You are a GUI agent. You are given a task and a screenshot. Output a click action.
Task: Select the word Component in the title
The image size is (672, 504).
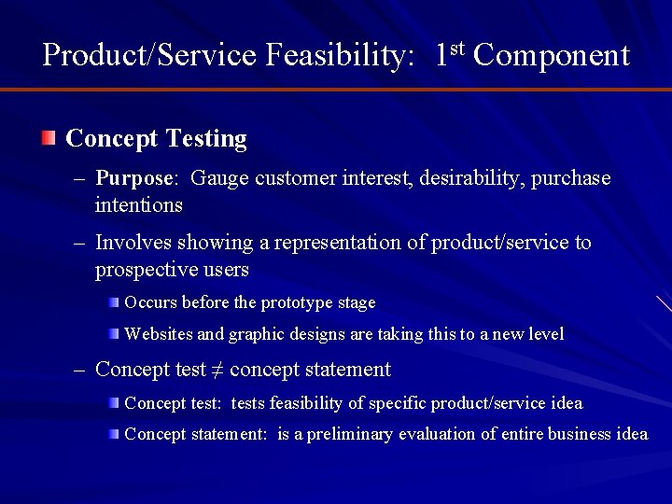click(x=552, y=55)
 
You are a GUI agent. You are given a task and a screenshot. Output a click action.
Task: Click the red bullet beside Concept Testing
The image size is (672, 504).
click(x=49, y=140)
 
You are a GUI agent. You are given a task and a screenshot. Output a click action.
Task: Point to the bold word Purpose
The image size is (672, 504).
click(x=134, y=177)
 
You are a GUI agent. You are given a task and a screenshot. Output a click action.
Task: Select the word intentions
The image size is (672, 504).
click(x=138, y=203)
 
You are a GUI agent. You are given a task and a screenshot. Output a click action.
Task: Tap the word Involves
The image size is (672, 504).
click(x=129, y=243)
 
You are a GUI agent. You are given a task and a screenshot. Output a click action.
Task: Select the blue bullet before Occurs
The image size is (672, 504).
click(x=113, y=302)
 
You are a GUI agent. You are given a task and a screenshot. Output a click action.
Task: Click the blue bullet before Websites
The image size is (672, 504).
click(x=113, y=333)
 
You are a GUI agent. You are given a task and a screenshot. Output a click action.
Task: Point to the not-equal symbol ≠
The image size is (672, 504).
click(x=217, y=370)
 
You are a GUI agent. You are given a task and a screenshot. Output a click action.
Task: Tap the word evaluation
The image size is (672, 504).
click(x=438, y=434)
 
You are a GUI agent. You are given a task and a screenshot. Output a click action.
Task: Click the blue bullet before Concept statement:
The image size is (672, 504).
click(x=113, y=434)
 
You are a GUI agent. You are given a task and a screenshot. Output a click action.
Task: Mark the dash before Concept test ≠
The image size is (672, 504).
click(x=81, y=370)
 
